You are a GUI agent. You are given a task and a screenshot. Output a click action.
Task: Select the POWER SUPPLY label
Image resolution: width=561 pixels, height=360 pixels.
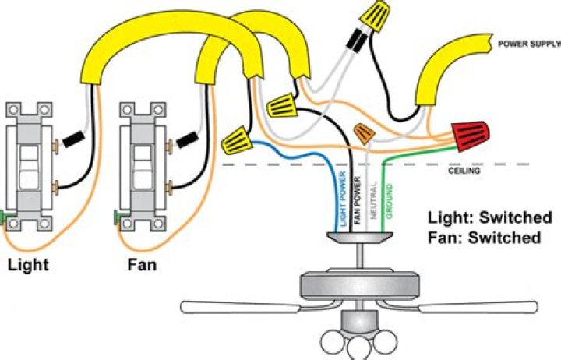[528, 44]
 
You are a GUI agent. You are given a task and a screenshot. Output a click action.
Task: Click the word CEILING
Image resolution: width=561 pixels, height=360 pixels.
[469, 171]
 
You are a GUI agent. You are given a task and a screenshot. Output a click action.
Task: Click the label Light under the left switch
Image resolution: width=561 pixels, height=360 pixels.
[28, 265]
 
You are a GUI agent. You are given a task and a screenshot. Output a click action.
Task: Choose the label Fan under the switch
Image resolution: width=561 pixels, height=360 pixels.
[141, 265]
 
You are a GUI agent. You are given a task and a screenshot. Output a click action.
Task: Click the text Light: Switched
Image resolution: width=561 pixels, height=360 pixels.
[484, 217]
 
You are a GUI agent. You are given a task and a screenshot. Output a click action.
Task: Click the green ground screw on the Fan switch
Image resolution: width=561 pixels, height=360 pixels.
[118, 214]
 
